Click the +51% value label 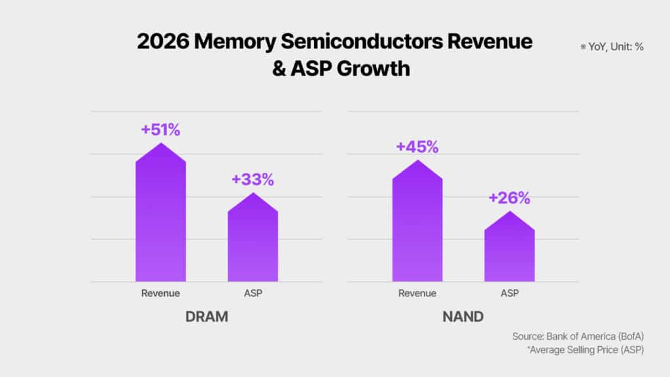coord(160,130)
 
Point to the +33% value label coord(253,179)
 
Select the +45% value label coord(417,147)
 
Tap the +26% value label coord(509,198)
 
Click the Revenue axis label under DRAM coord(160,293)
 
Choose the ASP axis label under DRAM coord(253,293)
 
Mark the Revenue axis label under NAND coord(417,293)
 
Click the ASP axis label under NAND coord(510,293)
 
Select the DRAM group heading coord(206,317)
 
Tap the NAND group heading coord(463,317)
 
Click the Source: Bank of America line coord(578,336)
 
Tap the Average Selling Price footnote coord(586,350)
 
